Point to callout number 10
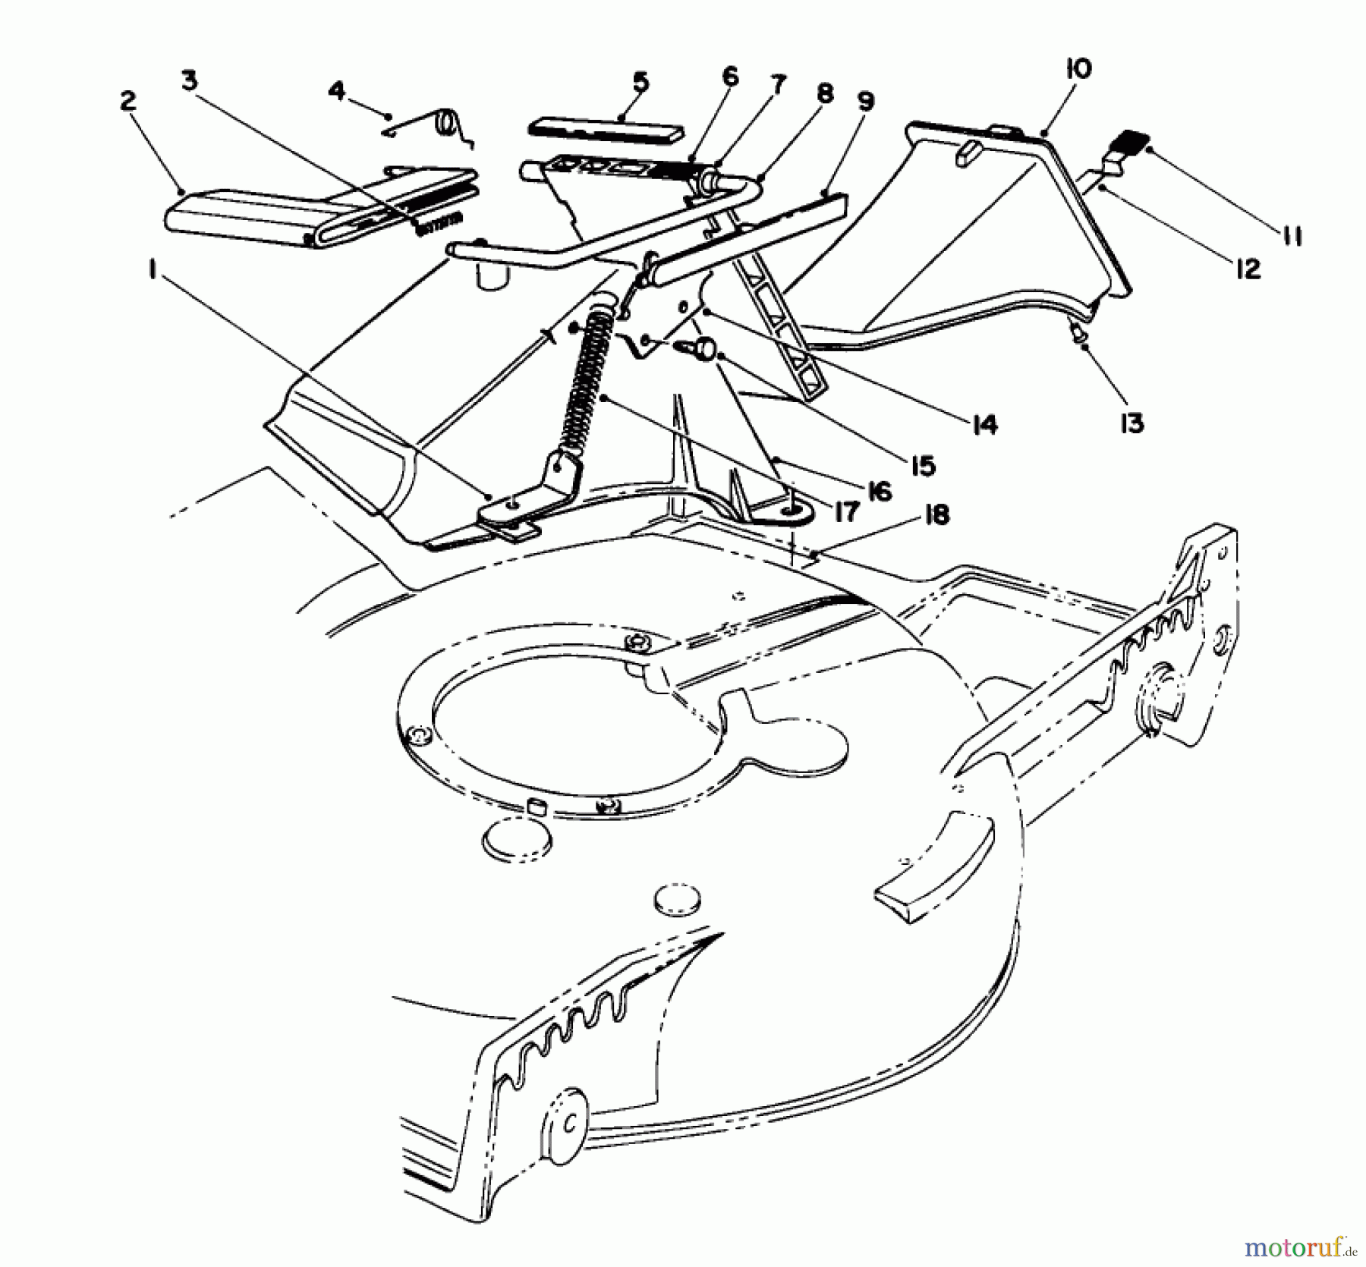click(x=1078, y=69)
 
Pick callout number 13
click(x=1132, y=423)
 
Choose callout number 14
click(x=984, y=425)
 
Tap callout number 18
click(x=936, y=516)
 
